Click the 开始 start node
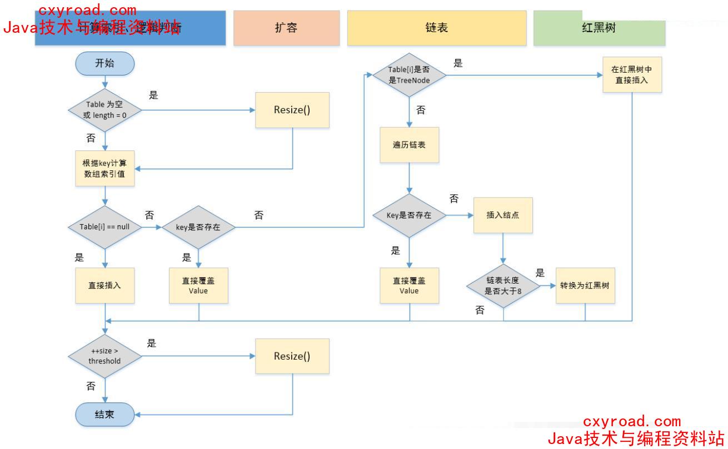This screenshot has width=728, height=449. [x=104, y=63]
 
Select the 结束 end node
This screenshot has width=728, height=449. [x=104, y=414]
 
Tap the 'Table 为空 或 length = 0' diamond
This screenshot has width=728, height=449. [x=104, y=110]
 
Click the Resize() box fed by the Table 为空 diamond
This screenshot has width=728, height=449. [x=292, y=110]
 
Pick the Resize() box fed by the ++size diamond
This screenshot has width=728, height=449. [x=292, y=356]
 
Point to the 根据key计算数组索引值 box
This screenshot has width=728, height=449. [x=104, y=168]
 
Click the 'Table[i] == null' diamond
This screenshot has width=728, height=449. [x=104, y=227]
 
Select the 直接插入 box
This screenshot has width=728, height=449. [x=104, y=286]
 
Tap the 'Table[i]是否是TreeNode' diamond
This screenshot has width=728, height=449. [x=409, y=75]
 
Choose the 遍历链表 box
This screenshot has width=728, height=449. [x=409, y=145]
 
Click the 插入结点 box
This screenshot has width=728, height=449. [x=503, y=215]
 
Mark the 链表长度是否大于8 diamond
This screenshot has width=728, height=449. [x=503, y=286]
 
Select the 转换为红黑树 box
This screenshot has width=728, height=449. [x=585, y=286]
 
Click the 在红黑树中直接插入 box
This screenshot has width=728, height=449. [x=632, y=75]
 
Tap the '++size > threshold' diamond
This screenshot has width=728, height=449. [x=104, y=356]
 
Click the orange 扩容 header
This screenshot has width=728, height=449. [x=286, y=28]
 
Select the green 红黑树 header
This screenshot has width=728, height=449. [x=599, y=28]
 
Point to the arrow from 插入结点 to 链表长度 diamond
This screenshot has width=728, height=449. [x=503, y=247]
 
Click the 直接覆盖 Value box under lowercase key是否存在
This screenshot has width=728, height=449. [x=198, y=286]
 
